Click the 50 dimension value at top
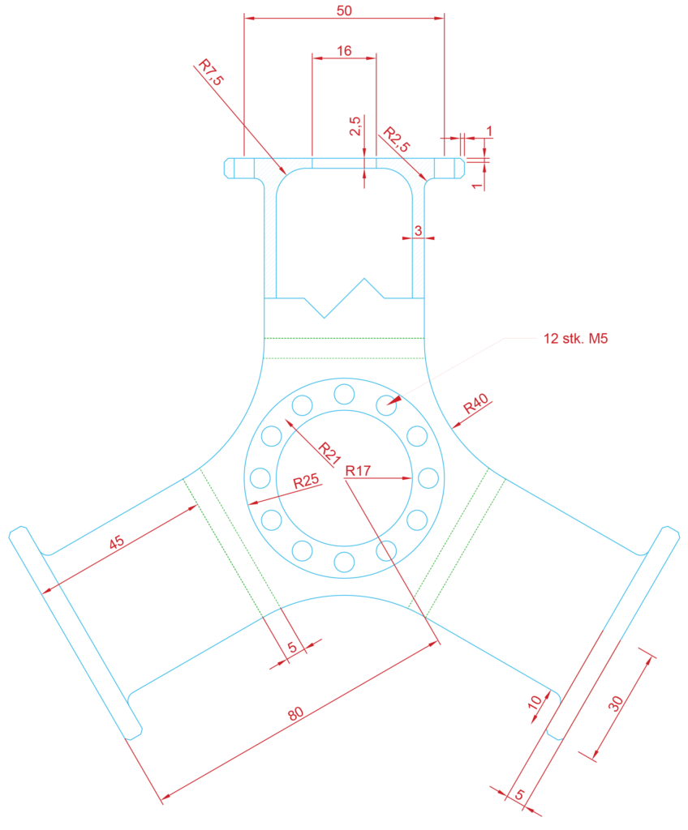pyautogui.click(x=344, y=11)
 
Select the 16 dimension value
pyautogui.click(x=344, y=51)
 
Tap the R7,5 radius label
pyautogui.click(x=211, y=72)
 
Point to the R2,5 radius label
pyautogui.click(x=397, y=139)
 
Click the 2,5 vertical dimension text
pyautogui.click(x=355, y=126)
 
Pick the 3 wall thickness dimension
pyautogui.click(x=418, y=231)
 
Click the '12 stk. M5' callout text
pyautogui.click(x=575, y=338)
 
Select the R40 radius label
pyautogui.click(x=476, y=404)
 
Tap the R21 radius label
pyautogui.click(x=329, y=454)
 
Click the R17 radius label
pyautogui.click(x=358, y=471)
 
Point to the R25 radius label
pyautogui.click(x=307, y=481)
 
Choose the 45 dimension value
pyautogui.click(x=117, y=542)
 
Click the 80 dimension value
pyautogui.click(x=296, y=713)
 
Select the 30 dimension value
pyautogui.click(x=615, y=704)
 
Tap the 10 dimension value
pyautogui.click(x=535, y=703)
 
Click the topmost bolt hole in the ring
pyautogui.click(x=344, y=394)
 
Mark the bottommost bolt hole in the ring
pyautogui.click(x=344, y=563)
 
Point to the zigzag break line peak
pyautogui.click(x=364, y=279)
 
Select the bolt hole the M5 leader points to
pyautogui.click(x=386, y=405)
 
